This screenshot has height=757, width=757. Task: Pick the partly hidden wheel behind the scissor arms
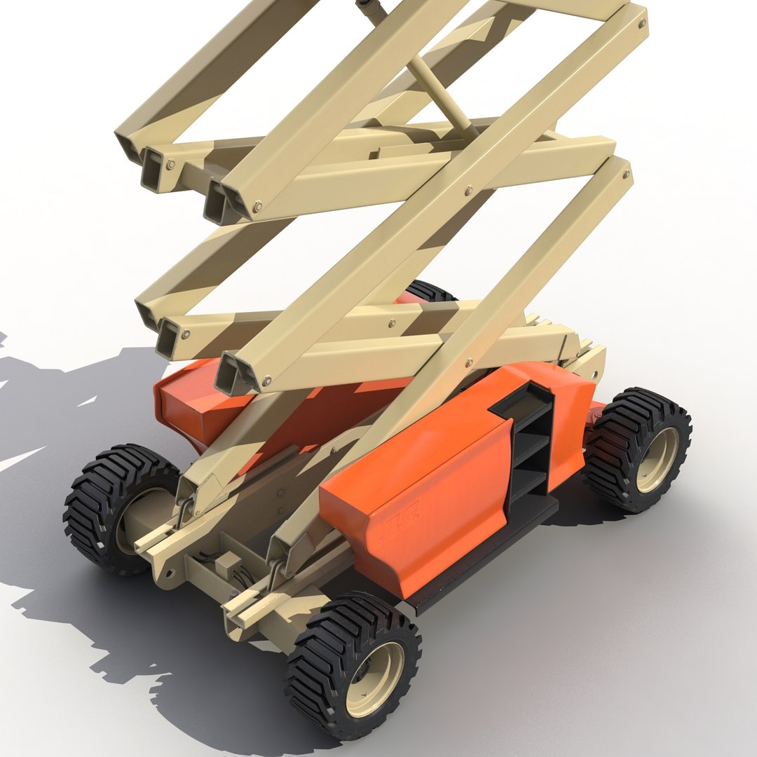[429, 291]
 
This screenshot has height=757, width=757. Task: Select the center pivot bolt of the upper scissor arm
[468, 189]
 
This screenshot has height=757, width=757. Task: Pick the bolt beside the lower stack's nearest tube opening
[266, 382]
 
